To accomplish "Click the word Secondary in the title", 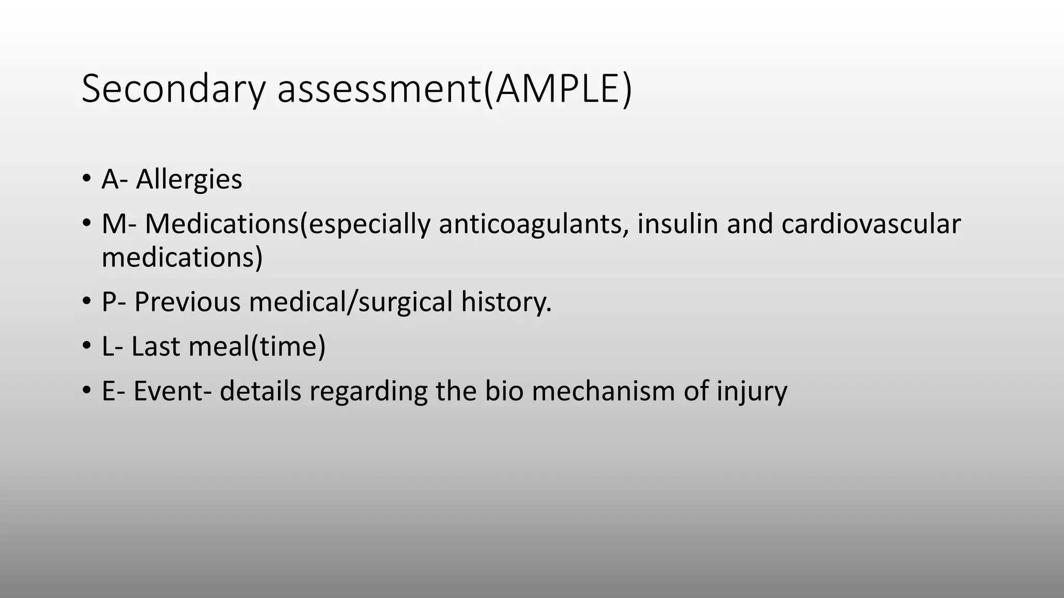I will (x=174, y=89).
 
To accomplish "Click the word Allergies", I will (x=189, y=180).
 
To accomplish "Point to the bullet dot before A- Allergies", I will (x=86, y=179).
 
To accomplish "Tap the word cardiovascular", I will (x=871, y=224).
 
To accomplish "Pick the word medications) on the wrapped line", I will (x=182, y=257).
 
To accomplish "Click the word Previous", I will (x=187, y=302).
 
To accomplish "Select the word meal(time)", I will (x=257, y=347).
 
